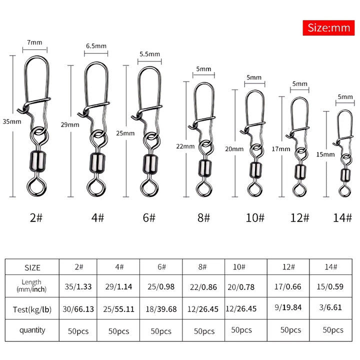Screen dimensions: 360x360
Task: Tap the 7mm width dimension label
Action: [35, 43]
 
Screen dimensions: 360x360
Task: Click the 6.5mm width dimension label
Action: [96, 46]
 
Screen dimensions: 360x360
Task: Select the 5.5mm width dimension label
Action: [149, 54]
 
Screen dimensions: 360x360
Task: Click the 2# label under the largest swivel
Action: [34, 218]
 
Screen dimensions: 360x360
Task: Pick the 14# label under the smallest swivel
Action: [342, 218]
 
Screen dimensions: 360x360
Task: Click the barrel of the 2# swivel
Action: [35, 160]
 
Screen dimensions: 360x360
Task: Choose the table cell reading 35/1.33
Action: [77, 287]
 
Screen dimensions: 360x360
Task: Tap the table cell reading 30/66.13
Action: [77, 309]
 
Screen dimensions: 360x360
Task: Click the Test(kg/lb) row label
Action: [32, 309]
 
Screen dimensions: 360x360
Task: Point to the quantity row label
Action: [32, 330]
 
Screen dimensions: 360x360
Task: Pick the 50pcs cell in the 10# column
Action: [241, 330]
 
